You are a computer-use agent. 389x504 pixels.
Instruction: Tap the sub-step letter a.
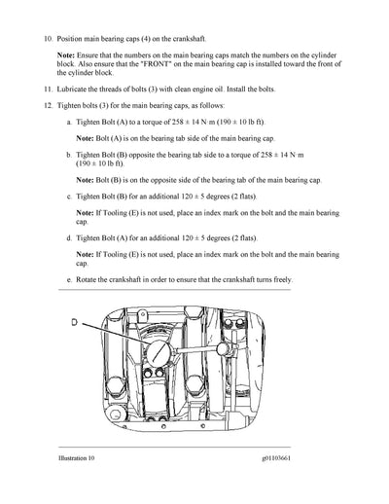click(67, 125)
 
